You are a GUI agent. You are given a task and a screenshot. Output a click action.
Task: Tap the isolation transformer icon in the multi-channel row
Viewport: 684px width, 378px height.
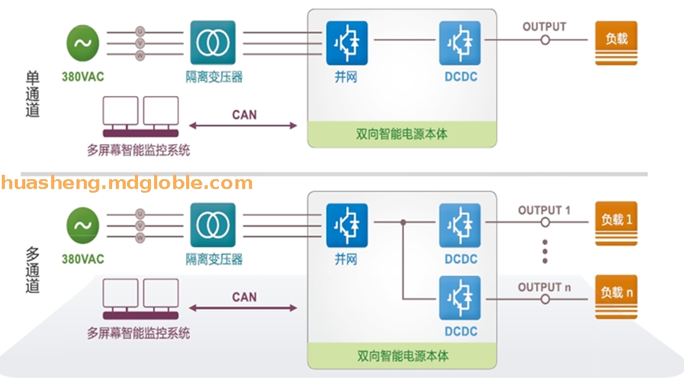213,225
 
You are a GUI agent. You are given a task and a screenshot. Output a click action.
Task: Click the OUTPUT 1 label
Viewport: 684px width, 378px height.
544,211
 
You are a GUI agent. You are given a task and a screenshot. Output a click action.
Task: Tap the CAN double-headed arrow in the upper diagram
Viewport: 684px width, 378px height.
243,126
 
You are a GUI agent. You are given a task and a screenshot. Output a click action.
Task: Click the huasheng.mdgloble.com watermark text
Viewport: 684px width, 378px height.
126,183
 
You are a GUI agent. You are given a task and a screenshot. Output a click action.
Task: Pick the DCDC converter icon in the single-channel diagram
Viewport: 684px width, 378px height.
460,43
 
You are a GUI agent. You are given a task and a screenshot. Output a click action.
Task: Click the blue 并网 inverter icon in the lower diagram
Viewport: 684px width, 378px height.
347,225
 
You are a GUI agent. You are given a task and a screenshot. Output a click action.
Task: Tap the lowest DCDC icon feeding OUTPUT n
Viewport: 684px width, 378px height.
460,298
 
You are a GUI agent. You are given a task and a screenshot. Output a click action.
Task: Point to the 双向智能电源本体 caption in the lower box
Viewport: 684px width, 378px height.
402,356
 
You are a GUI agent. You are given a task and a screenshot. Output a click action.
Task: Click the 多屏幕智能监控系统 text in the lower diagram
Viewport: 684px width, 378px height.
139,333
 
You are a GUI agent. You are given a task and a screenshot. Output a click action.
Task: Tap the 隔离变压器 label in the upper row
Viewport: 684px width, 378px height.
214,77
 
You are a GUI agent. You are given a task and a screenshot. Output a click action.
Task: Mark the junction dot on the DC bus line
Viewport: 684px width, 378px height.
403,222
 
